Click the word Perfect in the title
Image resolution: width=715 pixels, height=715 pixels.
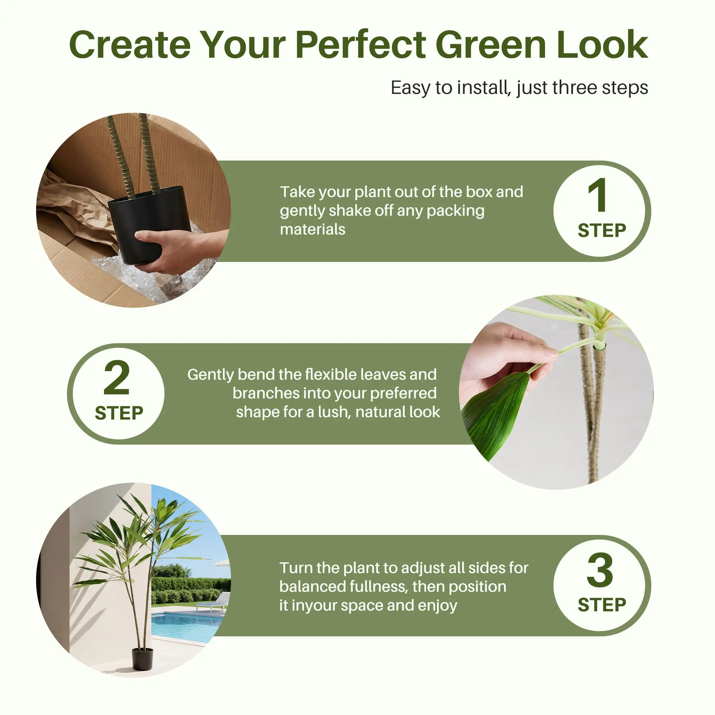360,45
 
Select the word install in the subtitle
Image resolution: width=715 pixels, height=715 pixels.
484,88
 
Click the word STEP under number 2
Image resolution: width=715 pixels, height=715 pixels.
119,413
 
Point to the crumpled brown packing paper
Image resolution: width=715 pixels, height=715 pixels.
74,211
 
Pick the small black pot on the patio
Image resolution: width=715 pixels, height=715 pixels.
142,659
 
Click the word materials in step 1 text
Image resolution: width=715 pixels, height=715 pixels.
312,229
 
